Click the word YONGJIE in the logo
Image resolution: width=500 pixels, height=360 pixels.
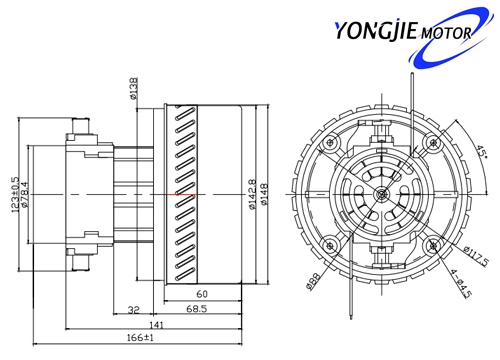point(376,31)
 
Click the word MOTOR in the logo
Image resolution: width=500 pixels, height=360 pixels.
point(446,33)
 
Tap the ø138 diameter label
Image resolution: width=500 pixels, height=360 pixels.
point(134,88)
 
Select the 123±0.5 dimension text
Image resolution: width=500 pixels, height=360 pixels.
point(15,195)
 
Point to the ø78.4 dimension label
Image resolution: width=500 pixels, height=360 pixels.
point(25,195)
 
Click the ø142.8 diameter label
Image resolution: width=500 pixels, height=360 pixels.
point(253,195)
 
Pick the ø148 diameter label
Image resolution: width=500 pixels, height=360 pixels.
point(264,195)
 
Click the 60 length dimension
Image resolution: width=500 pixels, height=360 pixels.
point(202,294)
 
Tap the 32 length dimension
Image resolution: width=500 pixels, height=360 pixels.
point(134,310)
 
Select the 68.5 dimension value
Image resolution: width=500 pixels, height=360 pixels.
point(197,309)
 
